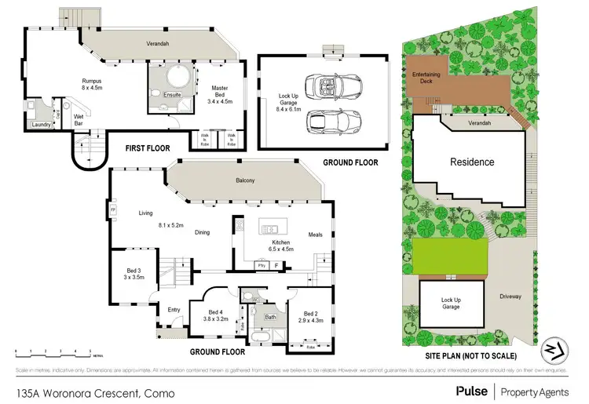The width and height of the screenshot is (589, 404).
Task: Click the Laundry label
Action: [x=41, y=125]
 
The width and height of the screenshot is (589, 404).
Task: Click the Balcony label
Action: [x=246, y=181]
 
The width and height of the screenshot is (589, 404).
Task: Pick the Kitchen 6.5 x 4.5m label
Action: [x=281, y=246]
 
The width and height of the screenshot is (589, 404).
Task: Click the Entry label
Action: [x=174, y=310]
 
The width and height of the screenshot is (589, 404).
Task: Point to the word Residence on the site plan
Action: [x=471, y=162]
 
